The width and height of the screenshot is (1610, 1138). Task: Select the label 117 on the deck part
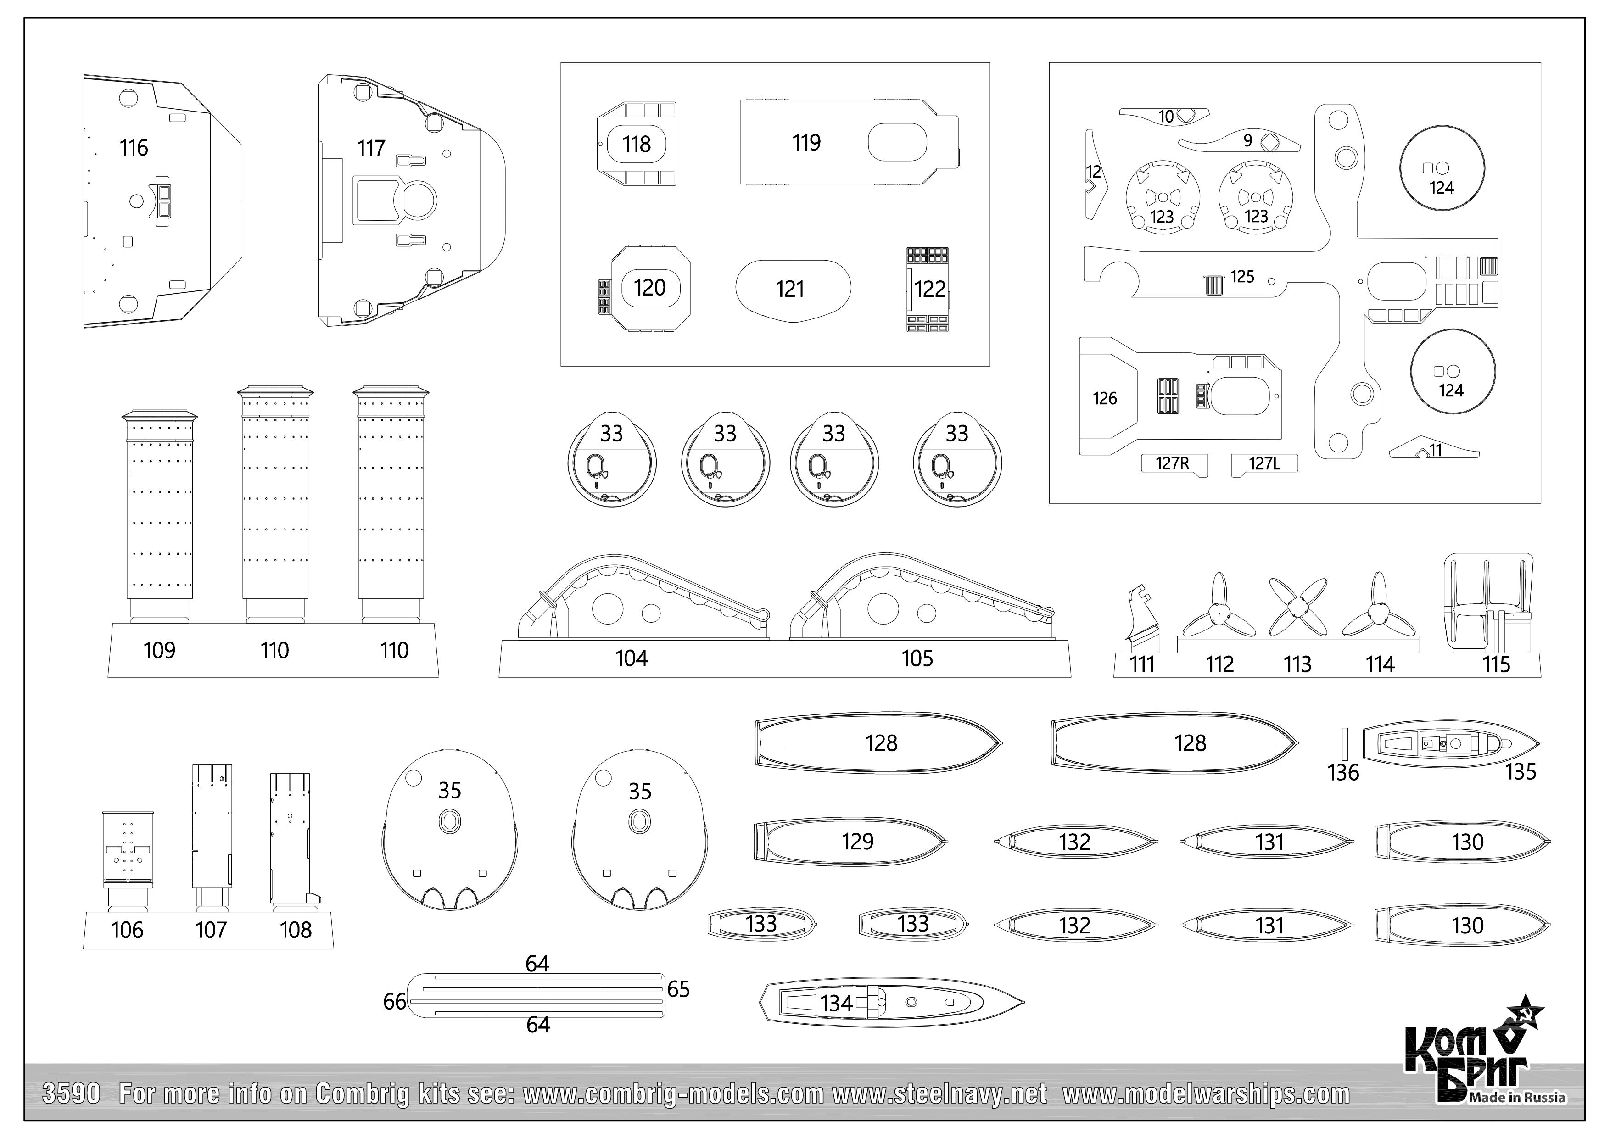(x=371, y=149)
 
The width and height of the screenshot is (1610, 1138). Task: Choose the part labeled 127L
(x=1265, y=463)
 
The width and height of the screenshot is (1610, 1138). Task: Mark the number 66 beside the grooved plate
(x=395, y=1002)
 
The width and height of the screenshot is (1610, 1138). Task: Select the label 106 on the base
(x=127, y=931)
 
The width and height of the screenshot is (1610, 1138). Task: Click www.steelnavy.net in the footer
(x=938, y=1094)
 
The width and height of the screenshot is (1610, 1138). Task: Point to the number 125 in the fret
(x=1242, y=277)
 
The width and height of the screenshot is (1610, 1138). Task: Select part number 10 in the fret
(x=1165, y=117)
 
